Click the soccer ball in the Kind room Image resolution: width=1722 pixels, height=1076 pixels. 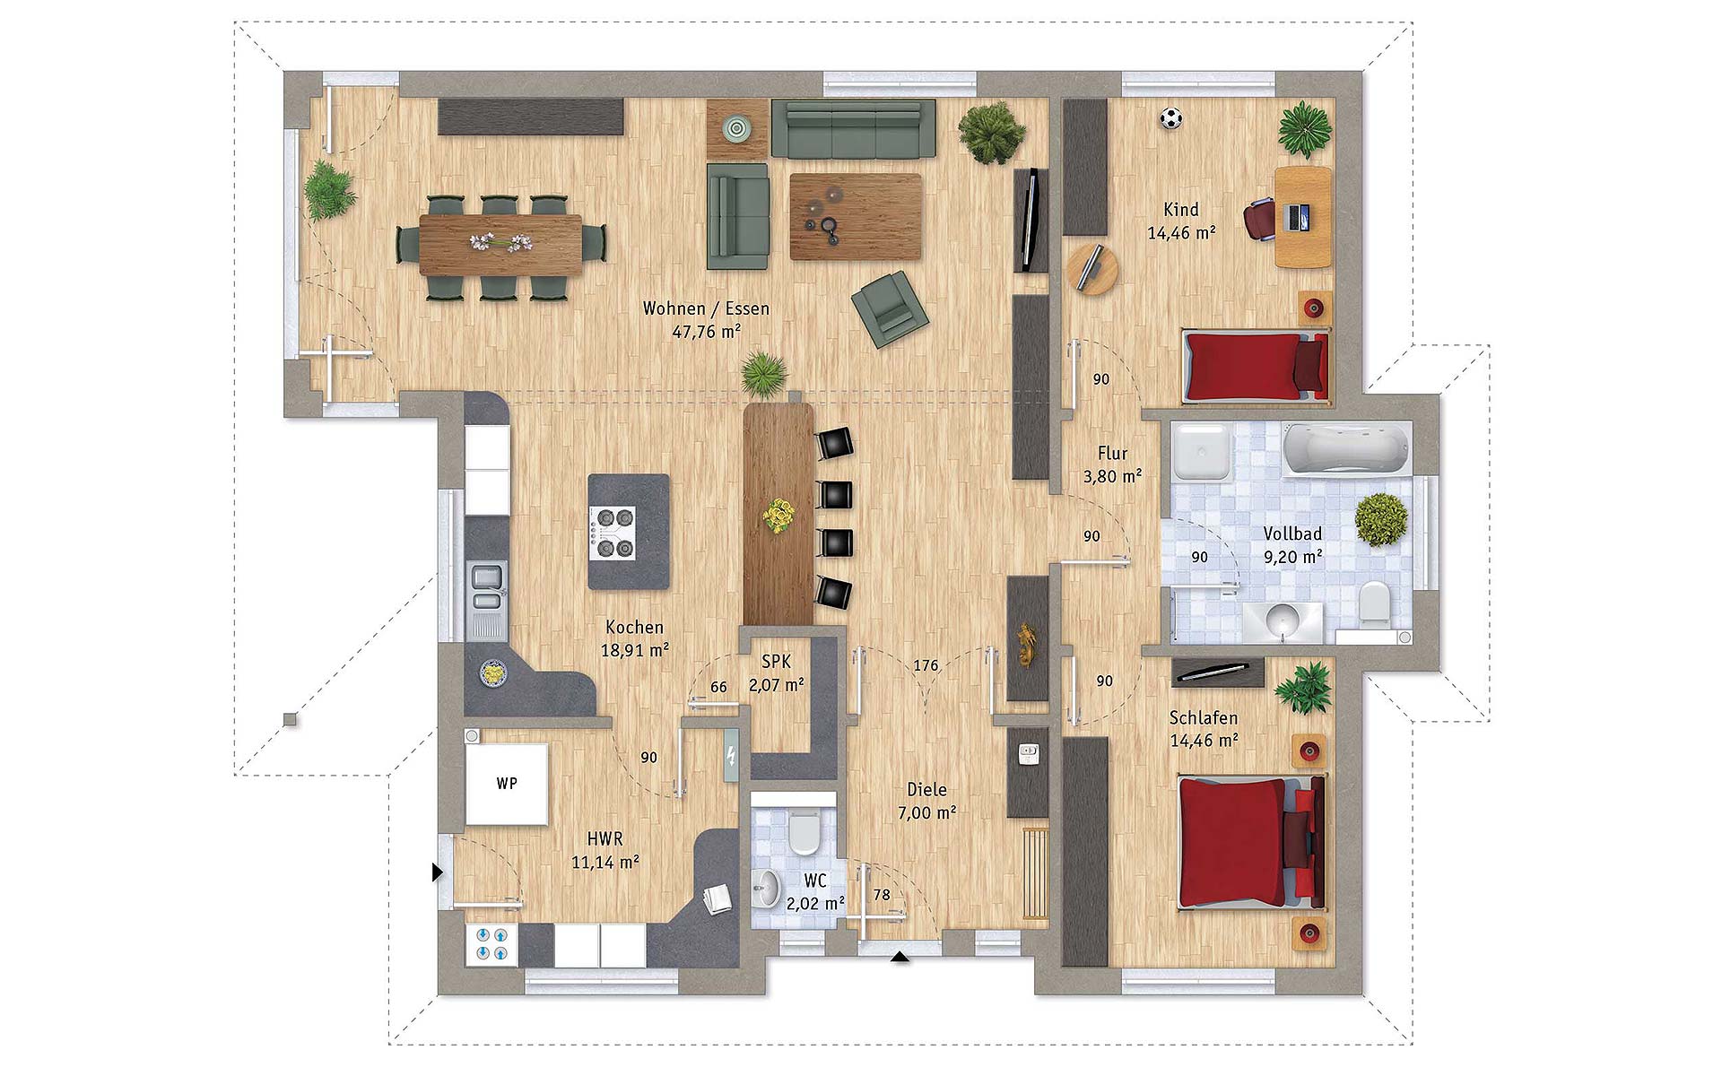tap(1170, 118)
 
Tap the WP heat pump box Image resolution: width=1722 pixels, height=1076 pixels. tap(507, 783)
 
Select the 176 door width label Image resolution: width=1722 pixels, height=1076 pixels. tap(926, 665)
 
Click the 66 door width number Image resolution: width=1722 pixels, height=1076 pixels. tap(718, 687)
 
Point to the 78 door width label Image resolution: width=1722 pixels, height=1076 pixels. tap(882, 895)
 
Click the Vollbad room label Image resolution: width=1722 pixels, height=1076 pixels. tap(1292, 534)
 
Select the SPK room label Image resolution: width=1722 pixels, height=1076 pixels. tap(776, 661)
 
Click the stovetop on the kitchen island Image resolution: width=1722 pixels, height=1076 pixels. tap(613, 534)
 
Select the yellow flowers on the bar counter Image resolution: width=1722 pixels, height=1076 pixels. tap(778, 517)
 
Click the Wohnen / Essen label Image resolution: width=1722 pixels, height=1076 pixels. tap(706, 308)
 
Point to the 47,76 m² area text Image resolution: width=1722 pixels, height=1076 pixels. tap(706, 331)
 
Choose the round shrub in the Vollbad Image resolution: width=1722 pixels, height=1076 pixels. tap(1381, 518)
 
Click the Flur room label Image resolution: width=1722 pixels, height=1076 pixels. tap(1112, 454)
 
